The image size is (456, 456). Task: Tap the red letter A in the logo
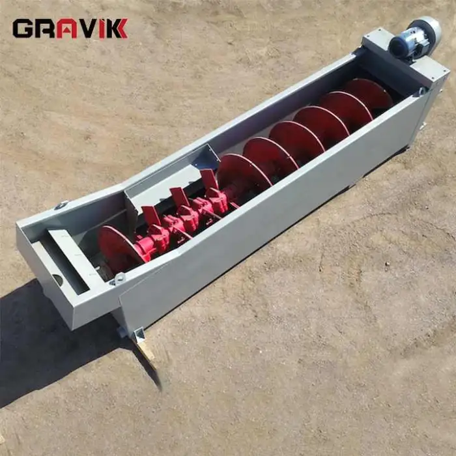pos(66,29)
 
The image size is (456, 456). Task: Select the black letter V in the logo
pos(88,29)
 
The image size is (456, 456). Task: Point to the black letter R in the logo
pos(45,29)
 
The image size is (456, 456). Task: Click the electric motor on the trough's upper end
pos(415,39)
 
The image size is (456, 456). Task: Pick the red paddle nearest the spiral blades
pos(209,179)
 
